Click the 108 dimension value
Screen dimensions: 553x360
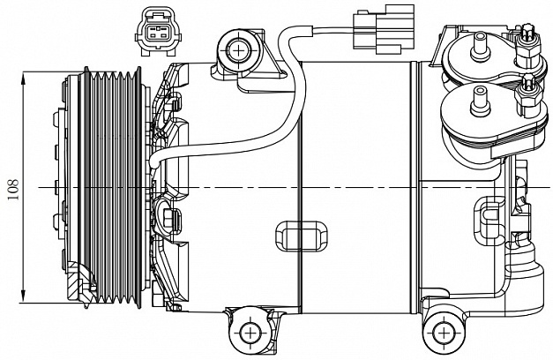pos(13,189)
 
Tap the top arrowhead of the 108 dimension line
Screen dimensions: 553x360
pos(24,78)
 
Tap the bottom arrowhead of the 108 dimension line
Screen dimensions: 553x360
pos(24,296)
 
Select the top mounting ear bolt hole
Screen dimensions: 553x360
pos(240,51)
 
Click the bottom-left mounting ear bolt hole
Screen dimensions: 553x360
pos(250,332)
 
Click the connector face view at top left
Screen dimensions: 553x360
pos(158,32)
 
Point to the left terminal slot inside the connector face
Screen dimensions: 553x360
pos(153,34)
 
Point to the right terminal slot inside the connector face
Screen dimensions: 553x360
pos(163,34)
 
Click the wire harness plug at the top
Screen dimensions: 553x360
pos(384,29)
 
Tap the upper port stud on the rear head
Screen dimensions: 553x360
pos(480,46)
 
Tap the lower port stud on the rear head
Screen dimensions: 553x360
pos(480,101)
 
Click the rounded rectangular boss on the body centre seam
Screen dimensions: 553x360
pos(301,236)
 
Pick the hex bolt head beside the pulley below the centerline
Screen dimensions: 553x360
pos(168,217)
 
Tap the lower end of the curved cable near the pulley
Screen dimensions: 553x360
pos(153,164)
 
